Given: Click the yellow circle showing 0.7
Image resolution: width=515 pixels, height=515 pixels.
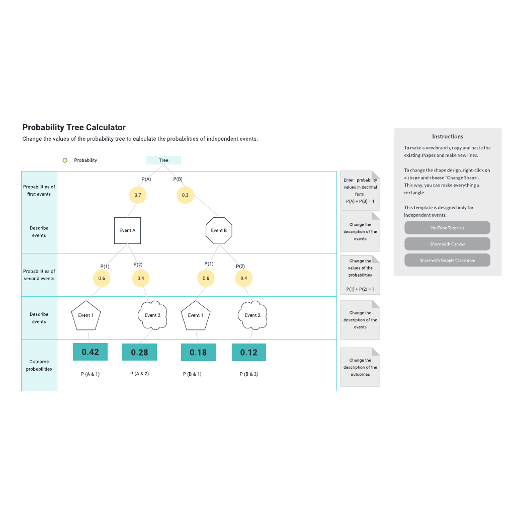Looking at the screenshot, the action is (138, 195).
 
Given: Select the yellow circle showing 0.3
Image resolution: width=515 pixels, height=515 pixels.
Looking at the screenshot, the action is (185, 195).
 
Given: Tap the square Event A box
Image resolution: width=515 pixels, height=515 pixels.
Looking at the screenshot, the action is (127, 230).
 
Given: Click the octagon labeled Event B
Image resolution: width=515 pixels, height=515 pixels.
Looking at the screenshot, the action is (219, 230).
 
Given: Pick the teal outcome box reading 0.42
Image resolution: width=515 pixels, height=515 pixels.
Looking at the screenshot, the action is (91, 352).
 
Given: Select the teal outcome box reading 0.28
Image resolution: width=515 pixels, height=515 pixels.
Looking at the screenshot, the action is (140, 352).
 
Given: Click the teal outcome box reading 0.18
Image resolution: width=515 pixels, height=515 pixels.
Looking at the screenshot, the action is (198, 352).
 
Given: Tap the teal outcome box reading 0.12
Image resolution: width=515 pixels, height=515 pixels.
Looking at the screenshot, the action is (249, 352).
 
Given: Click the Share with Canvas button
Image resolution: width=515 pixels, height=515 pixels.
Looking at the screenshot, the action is (447, 244).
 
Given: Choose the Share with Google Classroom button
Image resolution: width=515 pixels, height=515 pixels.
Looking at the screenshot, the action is (447, 260).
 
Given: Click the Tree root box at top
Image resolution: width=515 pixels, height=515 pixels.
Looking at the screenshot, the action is (163, 160).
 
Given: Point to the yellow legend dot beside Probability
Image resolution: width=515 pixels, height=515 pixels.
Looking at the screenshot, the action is (65, 160).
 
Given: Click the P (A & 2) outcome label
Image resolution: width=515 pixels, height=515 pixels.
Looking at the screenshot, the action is (140, 374).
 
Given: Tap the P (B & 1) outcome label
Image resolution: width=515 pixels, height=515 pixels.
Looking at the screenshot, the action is (192, 374).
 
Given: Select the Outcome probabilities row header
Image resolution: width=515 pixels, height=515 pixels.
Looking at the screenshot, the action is (39, 365).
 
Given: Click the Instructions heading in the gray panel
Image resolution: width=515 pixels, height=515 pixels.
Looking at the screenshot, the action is (448, 136).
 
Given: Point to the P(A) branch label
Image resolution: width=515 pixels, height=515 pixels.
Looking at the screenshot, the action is (146, 179).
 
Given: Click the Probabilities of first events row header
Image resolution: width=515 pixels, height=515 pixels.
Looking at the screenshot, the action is (39, 191).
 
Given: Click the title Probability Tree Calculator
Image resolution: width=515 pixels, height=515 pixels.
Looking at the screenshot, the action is (74, 127).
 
